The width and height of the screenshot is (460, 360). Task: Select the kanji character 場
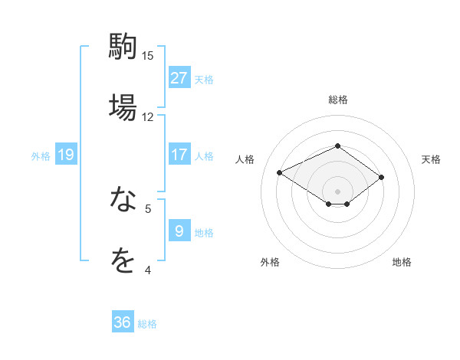click(x=123, y=106)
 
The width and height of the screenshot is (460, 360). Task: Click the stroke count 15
click(x=148, y=55)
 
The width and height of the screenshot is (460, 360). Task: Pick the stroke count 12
click(x=148, y=116)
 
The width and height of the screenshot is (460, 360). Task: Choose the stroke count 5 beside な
click(x=148, y=208)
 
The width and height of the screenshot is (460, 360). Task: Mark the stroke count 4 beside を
click(x=148, y=270)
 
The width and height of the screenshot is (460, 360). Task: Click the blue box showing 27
click(x=179, y=77)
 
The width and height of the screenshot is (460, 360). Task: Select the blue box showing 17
click(x=179, y=155)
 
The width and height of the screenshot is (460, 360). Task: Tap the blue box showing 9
click(x=179, y=231)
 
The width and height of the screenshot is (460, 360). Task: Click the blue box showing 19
click(x=66, y=155)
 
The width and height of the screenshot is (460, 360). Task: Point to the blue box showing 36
click(x=123, y=322)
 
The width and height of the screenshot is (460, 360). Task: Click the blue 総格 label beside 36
click(x=148, y=324)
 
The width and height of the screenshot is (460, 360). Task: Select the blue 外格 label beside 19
click(x=41, y=156)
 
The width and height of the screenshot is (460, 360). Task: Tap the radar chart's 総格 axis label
click(x=337, y=100)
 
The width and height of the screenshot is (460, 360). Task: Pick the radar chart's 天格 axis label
click(x=431, y=159)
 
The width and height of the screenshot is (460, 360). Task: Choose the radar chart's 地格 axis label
click(x=402, y=262)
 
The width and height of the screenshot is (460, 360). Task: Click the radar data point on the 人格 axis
click(x=280, y=172)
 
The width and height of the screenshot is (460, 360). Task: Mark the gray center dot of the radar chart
click(x=337, y=191)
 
